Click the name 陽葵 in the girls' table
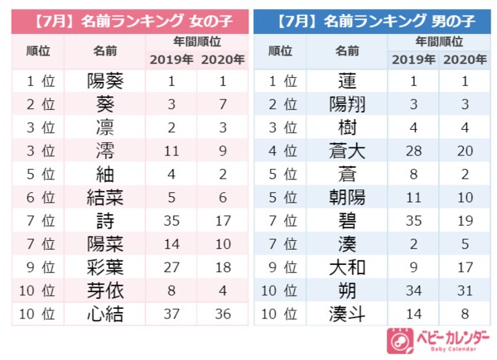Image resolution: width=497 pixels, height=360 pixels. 107,81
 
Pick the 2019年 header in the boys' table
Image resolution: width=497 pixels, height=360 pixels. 413,60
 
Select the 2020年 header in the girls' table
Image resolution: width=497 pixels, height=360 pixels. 221,60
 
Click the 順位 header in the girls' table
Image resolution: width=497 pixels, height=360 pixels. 39,51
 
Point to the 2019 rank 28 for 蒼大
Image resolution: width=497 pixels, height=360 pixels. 413,151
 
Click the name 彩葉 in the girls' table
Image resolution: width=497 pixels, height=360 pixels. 107,268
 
